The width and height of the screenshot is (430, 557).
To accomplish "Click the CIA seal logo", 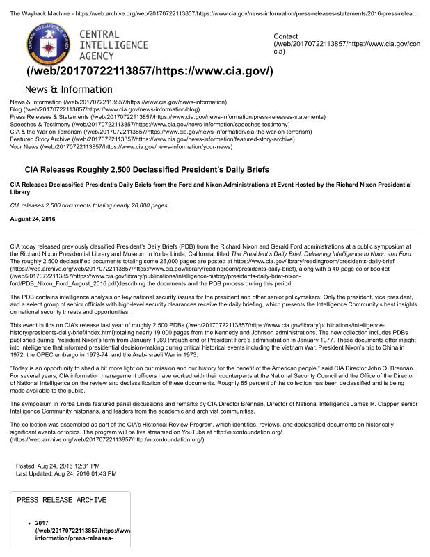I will pos(49,45).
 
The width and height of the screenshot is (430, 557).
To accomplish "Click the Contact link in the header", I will pos(286,36).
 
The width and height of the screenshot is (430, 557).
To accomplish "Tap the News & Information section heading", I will pos(68,89).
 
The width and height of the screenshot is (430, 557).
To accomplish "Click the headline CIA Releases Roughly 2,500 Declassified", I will pos(146,169).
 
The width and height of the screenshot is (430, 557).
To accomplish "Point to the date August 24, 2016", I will pos(33,219).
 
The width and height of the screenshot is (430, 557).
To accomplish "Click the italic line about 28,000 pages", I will pos(89,205).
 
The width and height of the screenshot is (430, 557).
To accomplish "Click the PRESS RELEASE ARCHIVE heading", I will pos(61,500).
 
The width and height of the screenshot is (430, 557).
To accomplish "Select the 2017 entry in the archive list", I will pos(41,522).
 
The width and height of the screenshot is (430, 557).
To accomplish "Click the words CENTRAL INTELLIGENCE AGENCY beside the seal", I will pos(113,45).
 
